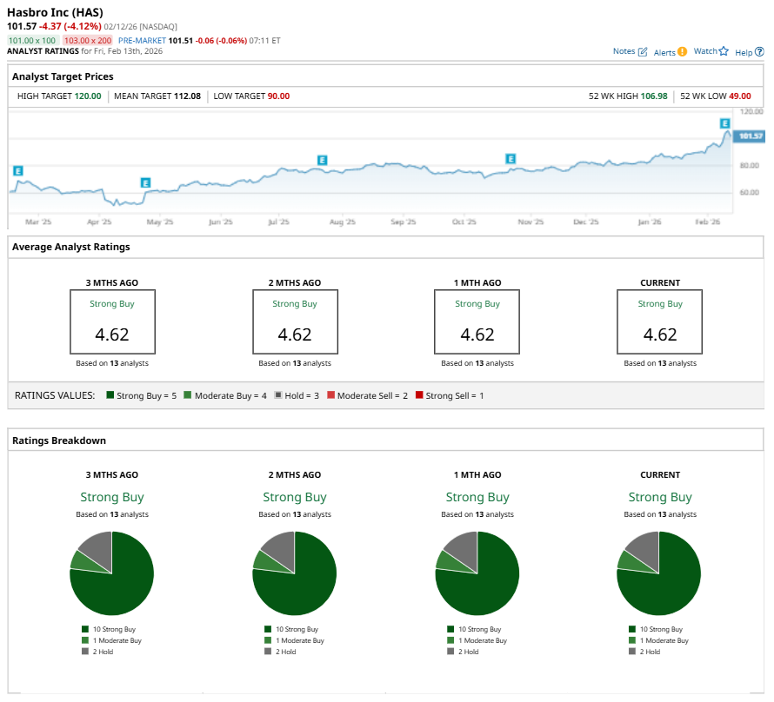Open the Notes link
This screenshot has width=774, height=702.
pos(630,51)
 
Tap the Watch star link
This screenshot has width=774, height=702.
pos(711,51)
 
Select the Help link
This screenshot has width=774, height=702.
pos(749,52)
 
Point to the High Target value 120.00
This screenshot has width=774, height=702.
pos(87,96)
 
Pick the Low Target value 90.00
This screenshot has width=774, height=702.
pos(278,96)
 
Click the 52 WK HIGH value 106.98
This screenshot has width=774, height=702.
pos(654,96)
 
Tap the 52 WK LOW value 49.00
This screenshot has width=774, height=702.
pos(739,96)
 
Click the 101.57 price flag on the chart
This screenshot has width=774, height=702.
pos(748,136)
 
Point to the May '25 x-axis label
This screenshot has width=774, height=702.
pos(159,222)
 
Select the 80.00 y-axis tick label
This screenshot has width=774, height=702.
pos(749,165)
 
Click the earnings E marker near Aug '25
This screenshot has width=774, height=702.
pos(323,160)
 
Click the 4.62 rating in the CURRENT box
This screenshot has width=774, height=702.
pos(660,334)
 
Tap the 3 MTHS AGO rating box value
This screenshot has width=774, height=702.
pos(112,334)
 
